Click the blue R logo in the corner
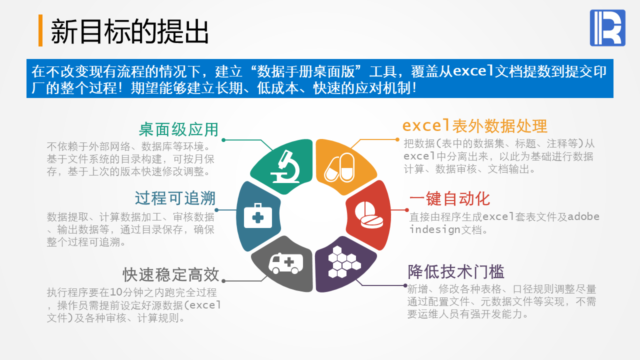pos(607,27)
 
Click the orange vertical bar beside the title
pos(40,30)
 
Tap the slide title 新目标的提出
pos(129,31)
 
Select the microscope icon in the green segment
pos(285,167)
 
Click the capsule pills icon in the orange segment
pos(339,167)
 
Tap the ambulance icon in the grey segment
pos(286,263)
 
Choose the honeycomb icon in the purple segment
pos(344,261)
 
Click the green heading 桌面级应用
pos(179,129)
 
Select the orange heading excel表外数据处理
pos(475,126)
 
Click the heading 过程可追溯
pos(175,198)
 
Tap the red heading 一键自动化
pos(449,199)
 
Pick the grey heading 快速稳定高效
pos(171,275)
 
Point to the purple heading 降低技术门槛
pos(456,271)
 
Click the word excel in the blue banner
pos(473,71)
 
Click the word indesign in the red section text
pos(435,229)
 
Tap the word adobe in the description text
pos(583,216)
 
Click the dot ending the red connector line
pos(407,210)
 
